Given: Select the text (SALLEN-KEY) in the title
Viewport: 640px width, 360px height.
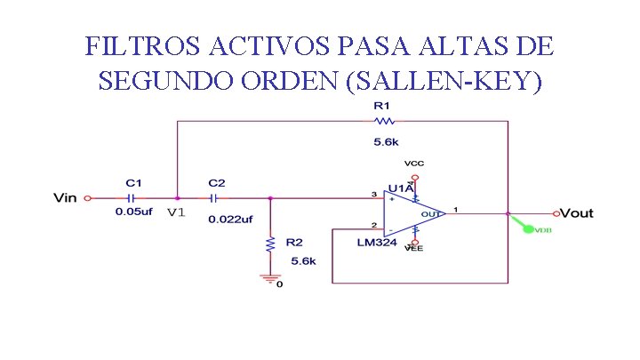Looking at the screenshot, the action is (x=447, y=81).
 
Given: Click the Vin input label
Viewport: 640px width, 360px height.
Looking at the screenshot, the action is (x=66, y=198).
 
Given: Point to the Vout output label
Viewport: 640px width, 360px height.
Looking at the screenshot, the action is (x=577, y=213).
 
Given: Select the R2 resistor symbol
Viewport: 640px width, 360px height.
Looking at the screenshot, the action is (x=269, y=243).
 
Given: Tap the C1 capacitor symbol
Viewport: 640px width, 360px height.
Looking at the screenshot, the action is (x=132, y=198).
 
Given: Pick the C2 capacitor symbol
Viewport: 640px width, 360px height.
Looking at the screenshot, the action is (x=215, y=198).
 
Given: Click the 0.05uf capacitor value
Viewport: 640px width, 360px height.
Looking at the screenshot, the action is (x=134, y=212).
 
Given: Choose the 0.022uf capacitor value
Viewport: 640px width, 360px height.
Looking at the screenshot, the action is (x=230, y=219).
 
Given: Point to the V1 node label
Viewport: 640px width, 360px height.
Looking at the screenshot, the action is (x=176, y=213).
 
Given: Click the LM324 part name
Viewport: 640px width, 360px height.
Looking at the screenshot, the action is (x=377, y=243).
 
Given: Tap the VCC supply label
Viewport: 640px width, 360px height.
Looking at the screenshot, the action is (x=413, y=164).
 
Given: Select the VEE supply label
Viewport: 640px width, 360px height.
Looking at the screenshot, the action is (x=413, y=250).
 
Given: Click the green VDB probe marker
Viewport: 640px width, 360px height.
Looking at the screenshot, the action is (x=528, y=228).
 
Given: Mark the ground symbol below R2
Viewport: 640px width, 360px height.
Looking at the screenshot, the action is (x=269, y=278).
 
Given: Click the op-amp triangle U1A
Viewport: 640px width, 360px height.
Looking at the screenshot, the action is (x=411, y=213).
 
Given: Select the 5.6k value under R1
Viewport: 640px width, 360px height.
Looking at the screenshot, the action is (x=386, y=141).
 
